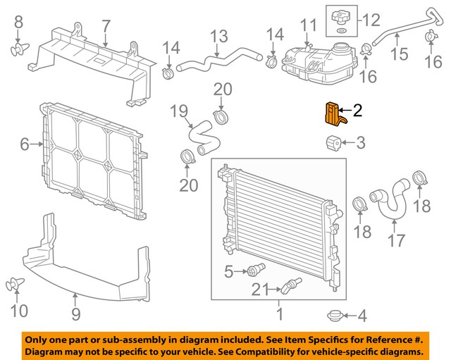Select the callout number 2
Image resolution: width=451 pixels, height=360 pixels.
357,110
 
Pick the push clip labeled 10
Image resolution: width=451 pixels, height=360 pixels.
16,285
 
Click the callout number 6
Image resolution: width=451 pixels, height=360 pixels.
25,145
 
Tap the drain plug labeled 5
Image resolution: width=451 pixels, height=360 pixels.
254,270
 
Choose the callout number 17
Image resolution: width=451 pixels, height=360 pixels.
396,240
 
